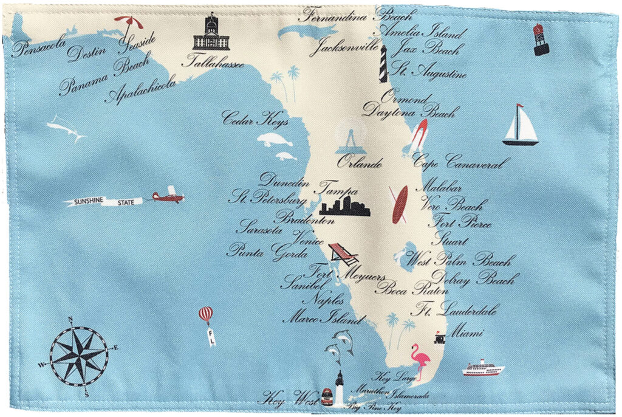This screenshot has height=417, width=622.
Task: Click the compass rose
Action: pyautogui.click(x=79, y=356)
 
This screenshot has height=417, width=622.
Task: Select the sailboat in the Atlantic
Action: pyautogui.click(x=521, y=126)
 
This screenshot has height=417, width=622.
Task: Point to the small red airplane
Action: pyautogui.click(x=168, y=195)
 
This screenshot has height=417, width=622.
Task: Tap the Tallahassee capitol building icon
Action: pyautogui.click(x=211, y=33)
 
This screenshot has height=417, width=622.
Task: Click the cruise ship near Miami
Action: pyautogui.click(x=484, y=368)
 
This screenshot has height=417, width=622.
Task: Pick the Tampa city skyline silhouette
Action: pyautogui.click(x=345, y=207)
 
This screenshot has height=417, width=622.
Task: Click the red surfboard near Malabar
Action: pyautogui.click(x=400, y=205)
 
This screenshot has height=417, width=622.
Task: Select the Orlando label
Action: pyautogui.click(x=360, y=163)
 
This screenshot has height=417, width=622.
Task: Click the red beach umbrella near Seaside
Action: pyautogui.click(x=129, y=24)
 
